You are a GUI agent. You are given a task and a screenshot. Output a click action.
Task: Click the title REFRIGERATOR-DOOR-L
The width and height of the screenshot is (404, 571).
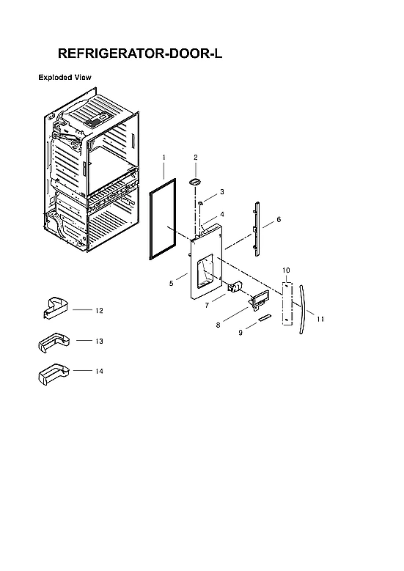tap(139, 54)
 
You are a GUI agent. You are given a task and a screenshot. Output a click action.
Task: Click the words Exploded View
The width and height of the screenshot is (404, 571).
tap(65, 76)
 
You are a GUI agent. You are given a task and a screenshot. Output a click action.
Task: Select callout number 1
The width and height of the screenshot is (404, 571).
tap(164, 158)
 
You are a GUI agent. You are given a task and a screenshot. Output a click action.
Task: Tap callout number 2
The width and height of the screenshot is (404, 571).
tap(196, 158)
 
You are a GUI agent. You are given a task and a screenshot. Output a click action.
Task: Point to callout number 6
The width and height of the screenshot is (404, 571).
tap(279, 219)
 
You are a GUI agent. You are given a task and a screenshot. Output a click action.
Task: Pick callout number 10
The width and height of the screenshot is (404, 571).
tap(287, 271)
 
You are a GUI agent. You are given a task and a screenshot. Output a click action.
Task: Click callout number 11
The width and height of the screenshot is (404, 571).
tap(320, 319)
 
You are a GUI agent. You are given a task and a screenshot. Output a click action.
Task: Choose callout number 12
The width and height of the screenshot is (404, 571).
tap(99, 311)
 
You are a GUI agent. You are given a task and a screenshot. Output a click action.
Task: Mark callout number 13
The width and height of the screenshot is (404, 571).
tap(99, 342)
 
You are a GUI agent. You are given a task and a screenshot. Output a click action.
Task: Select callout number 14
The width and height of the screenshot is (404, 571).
tap(99, 372)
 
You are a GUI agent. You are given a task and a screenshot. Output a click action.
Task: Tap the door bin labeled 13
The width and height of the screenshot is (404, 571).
tap(51, 342)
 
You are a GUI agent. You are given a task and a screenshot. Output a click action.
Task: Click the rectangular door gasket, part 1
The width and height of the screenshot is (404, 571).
tap(152, 220)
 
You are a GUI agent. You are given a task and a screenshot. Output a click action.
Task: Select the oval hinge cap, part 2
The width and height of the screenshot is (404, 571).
tap(196, 180)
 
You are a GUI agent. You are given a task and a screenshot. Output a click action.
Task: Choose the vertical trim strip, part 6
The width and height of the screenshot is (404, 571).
tap(257, 227)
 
